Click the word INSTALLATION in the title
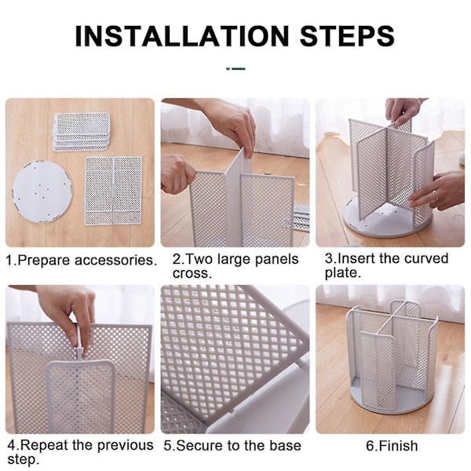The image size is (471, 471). (x=182, y=36)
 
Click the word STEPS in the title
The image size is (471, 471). (x=347, y=36)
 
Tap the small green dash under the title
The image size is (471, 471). (x=235, y=69)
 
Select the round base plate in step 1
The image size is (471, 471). (x=42, y=192)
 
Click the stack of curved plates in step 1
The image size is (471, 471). (x=82, y=132)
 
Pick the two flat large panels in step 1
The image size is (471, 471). (x=114, y=191)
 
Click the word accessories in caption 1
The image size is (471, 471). (x=116, y=260)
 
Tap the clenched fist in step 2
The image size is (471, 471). (x=178, y=175)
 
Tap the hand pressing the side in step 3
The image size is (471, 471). (x=438, y=191)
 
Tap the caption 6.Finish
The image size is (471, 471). (x=392, y=446)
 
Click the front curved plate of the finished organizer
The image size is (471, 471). (x=377, y=369)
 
